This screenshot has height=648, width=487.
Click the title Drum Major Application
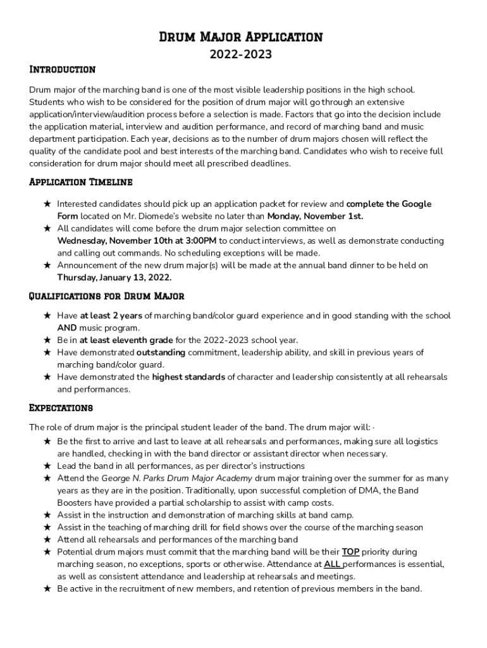click(240, 37)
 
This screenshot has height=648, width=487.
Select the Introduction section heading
click(62, 70)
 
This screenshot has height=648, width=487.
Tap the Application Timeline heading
click(81, 182)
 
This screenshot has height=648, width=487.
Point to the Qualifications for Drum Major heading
click(107, 296)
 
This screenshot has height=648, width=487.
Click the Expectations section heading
click(61, 407)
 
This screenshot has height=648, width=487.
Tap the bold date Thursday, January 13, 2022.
click(114, 278)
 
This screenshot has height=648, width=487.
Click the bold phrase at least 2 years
click(111, 316)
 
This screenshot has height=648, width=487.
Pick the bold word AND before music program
click(67, 328)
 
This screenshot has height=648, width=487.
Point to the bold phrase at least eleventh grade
click(126, 340)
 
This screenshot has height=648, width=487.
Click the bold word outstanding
click(161, 352)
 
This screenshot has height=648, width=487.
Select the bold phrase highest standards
click(188, 377)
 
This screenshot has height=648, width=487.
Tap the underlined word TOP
click(350, 552)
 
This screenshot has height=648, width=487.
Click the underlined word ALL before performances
click(333, 564)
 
